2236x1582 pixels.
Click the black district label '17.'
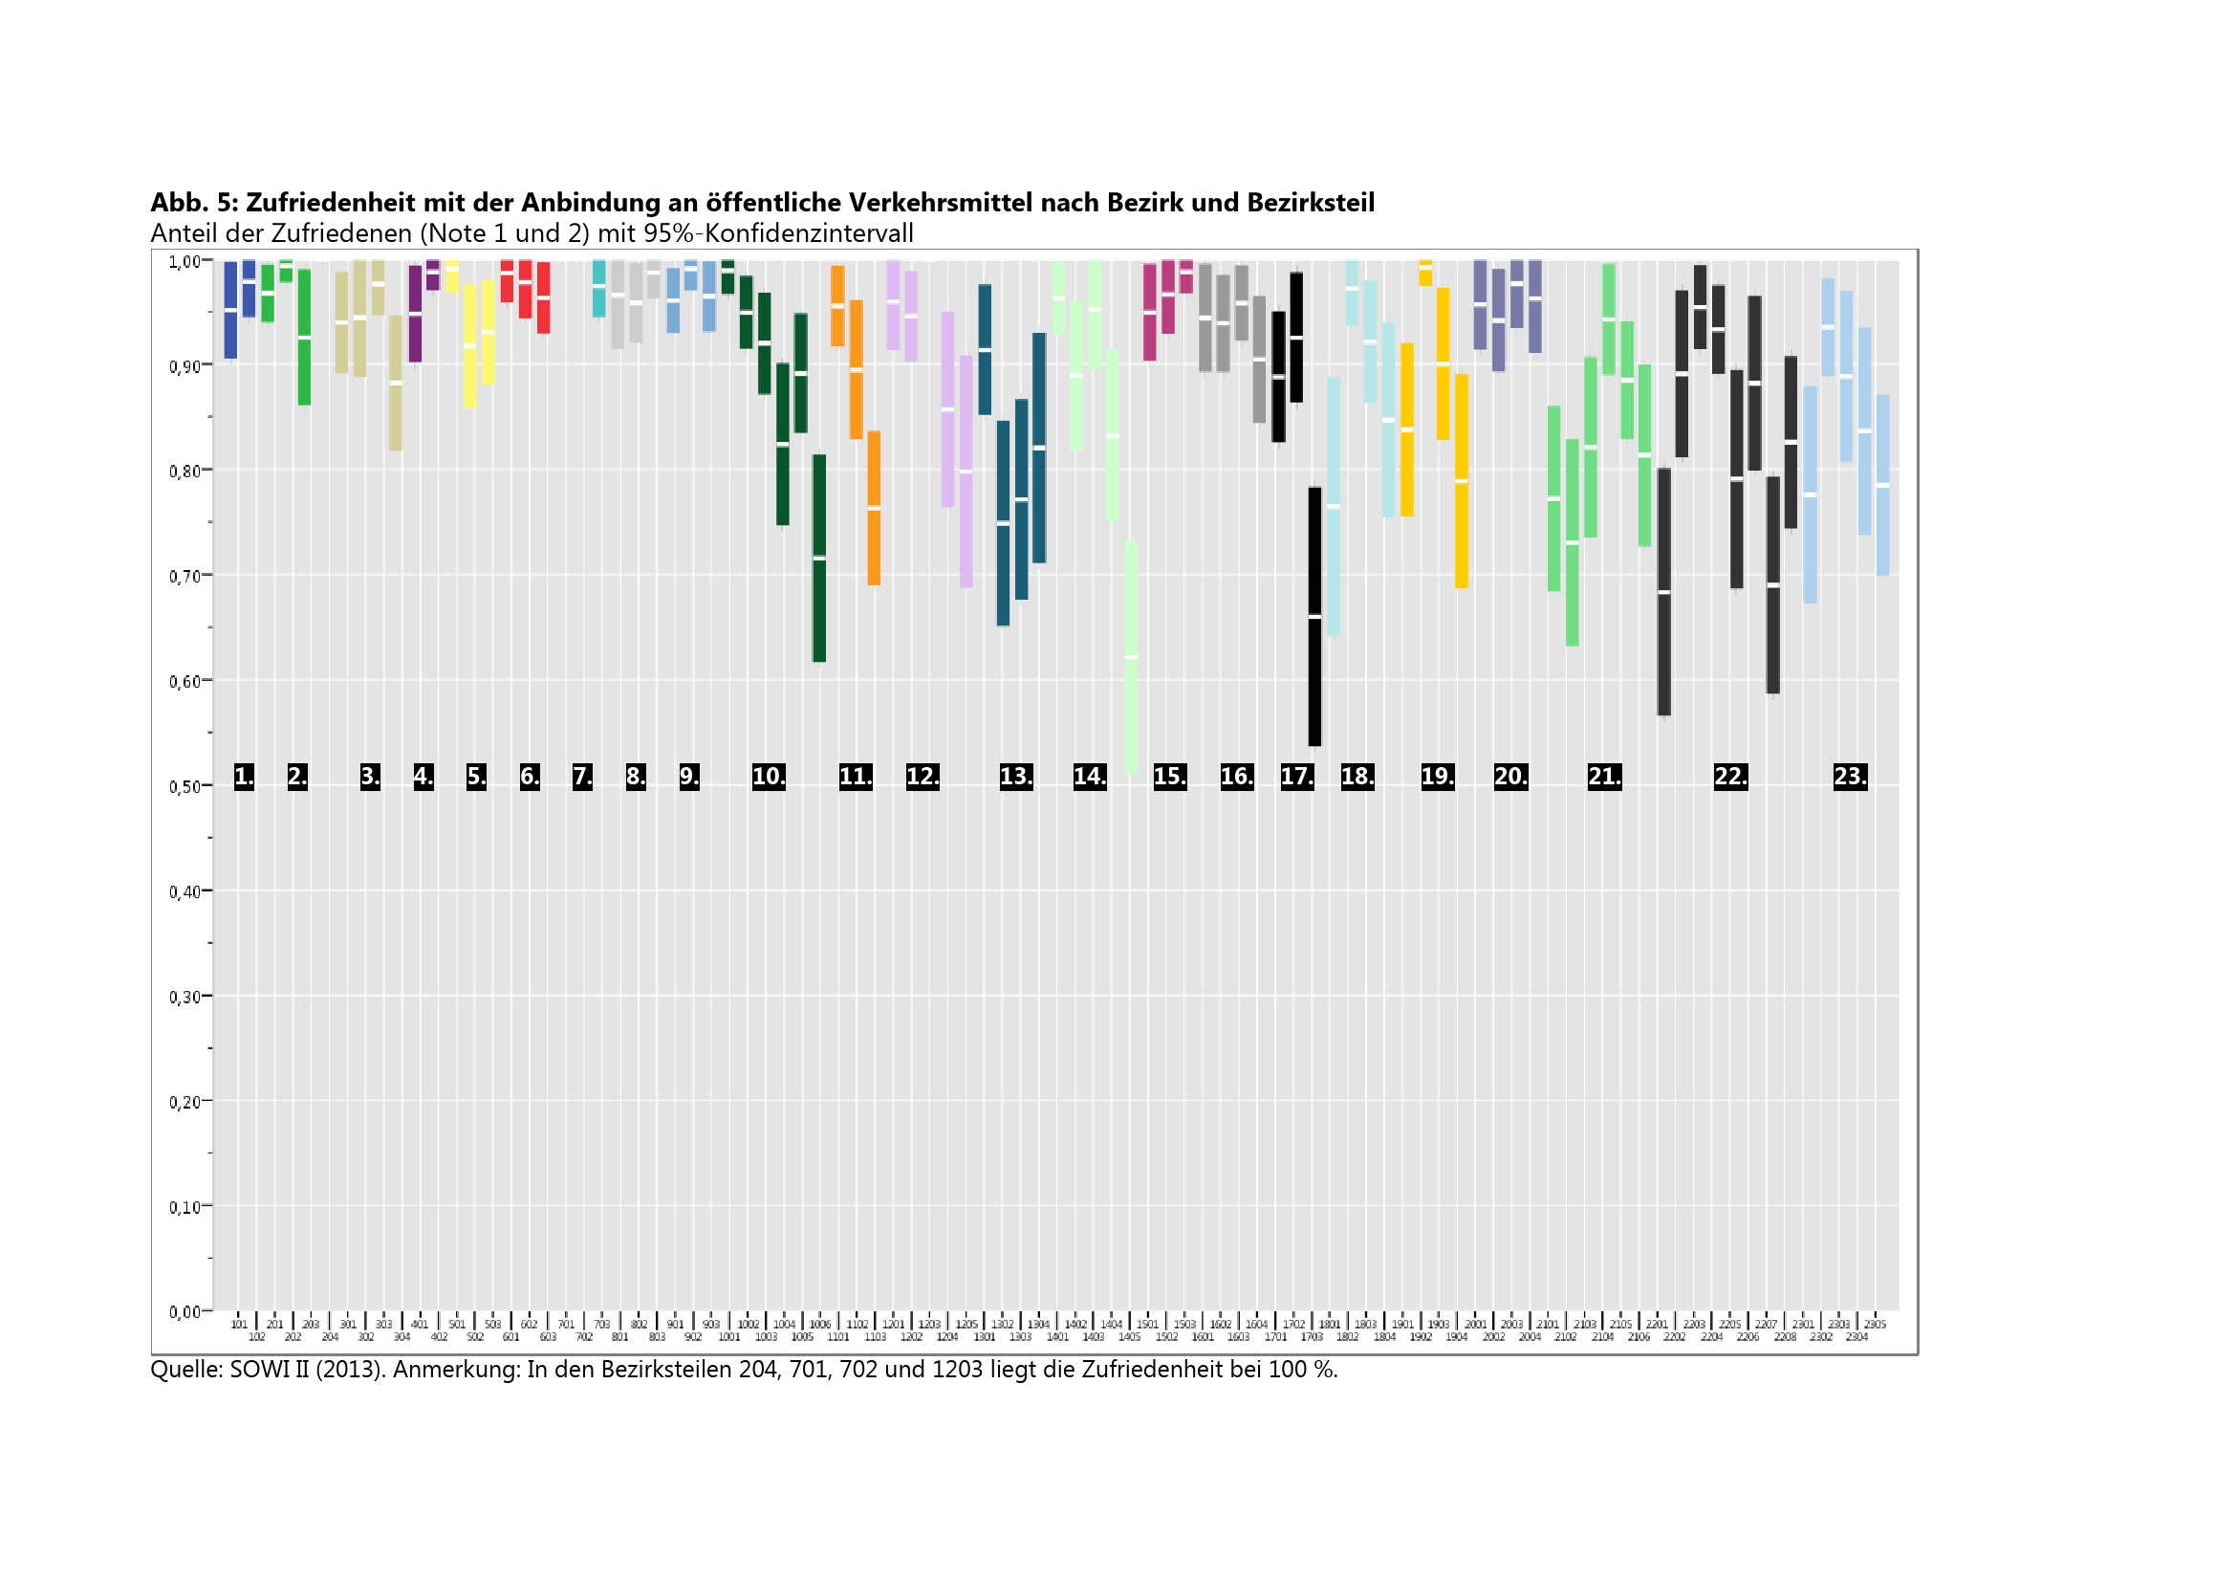(1296, 777)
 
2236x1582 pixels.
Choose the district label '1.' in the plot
(244, 777)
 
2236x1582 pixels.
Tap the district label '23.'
(1850, 777)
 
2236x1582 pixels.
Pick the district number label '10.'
(769, 777)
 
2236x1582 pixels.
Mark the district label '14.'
(1090, 777)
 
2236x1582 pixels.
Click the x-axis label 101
(239, 1325)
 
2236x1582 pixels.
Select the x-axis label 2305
(1875, 1325)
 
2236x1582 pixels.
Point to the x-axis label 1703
(1312, 1337)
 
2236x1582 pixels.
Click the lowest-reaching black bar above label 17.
(1314, 617)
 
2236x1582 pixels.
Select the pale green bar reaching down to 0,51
(1131, 657)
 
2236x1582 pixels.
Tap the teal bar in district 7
(599, 288)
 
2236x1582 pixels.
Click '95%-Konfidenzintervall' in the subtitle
(778, 233)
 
